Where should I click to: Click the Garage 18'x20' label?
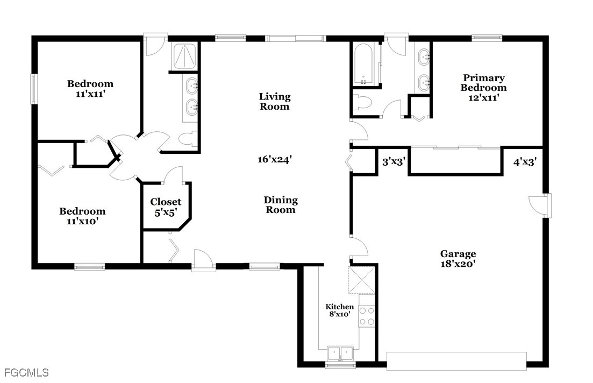point(458,259)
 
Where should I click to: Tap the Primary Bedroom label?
point(484,88)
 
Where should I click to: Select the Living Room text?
point(275,102)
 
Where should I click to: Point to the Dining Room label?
point(281,205)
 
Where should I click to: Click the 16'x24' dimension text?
point(275,159)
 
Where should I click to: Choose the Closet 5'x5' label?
point(166,207)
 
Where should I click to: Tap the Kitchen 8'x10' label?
point(340,310)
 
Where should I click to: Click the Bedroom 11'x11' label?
point(90,89)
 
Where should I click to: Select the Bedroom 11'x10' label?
point(82,216)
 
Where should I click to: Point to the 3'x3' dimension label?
point(394,162)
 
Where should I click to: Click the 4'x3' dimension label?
point(525,162)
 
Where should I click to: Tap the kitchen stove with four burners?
point(366,316)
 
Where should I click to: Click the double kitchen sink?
point(340,353)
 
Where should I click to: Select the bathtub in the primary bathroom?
point(363,65)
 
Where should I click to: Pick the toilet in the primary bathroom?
point(362,102)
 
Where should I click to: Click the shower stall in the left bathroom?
point(185,56)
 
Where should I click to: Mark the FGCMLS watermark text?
point(25,373)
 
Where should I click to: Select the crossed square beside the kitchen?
point(362,280)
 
